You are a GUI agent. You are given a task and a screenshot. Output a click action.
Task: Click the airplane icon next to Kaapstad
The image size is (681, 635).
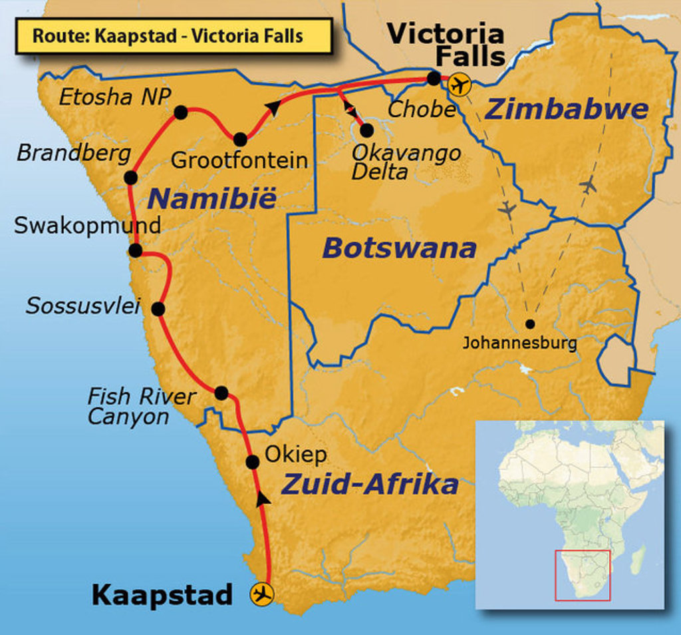263,593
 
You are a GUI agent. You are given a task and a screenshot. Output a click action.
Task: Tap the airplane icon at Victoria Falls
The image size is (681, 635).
459,85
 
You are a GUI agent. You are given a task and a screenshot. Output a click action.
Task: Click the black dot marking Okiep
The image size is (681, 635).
252,462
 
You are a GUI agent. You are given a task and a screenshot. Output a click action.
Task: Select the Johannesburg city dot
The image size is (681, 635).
529,324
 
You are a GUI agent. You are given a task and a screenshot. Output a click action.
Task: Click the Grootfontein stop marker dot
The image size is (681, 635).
240,139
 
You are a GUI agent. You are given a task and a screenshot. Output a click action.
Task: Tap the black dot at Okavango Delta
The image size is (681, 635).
366,130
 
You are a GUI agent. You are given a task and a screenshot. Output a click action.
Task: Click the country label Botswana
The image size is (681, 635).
399,249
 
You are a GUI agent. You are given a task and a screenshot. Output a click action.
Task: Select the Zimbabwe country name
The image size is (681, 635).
567,109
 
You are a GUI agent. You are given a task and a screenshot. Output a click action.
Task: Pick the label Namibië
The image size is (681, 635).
211,198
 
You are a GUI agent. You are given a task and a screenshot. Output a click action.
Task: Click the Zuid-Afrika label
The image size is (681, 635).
370,485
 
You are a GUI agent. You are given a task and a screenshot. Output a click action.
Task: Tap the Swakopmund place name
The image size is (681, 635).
87,225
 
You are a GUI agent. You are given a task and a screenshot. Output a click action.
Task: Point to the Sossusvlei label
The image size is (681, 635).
83,306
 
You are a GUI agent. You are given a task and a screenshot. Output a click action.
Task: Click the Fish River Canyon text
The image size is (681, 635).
141,407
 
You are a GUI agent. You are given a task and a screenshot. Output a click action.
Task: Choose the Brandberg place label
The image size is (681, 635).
74,154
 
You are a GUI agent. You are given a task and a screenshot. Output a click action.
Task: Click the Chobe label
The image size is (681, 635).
421,110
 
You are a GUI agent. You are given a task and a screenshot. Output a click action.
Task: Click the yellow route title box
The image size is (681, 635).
173,36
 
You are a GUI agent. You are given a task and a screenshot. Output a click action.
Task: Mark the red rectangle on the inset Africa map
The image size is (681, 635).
583,575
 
